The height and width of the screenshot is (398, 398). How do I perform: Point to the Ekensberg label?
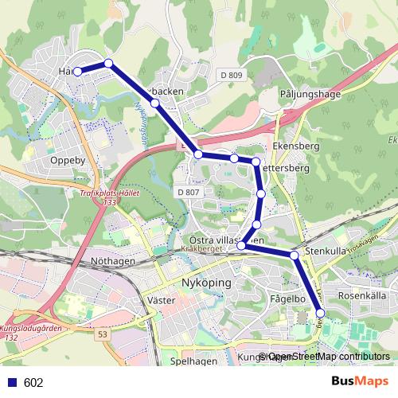[x=295, y=147]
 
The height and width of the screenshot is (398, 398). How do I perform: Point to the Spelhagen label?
[x=193, y=361]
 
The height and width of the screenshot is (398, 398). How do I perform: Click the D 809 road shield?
[x=229, y=75]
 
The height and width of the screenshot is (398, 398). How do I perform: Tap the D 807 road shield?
[x=188, y=192]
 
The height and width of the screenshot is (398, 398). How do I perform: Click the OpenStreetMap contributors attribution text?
[x=329, y=356]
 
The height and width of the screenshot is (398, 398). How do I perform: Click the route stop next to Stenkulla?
[x=294, y=255]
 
